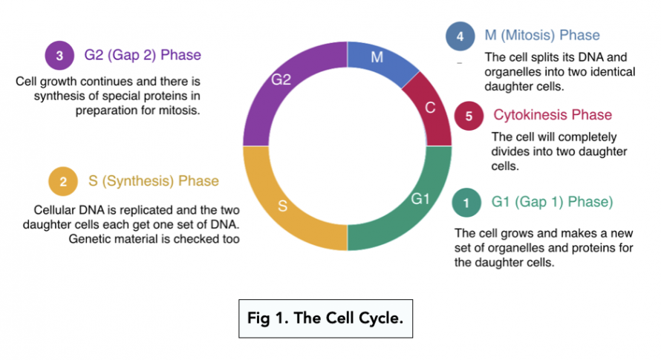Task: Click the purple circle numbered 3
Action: pos(59,56)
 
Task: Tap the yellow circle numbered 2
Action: pos(63,181)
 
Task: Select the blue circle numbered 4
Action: pos(459,36)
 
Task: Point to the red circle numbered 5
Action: pos(469,116)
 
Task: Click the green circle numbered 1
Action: pos(466,202)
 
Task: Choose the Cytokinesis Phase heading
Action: pos(553,115)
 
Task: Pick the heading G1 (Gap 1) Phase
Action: pos(552,202)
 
